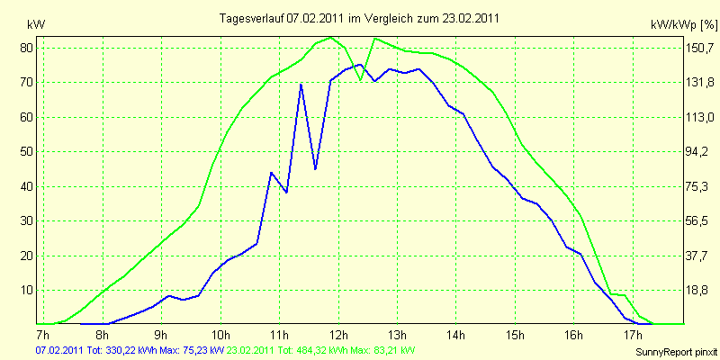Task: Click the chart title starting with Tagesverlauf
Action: point(358,18)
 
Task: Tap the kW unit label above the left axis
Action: point(36,25)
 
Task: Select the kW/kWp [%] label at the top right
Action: point(684,25)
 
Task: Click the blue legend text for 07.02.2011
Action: point(130,350)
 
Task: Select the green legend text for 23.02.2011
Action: point(318,350)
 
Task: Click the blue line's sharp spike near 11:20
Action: point(301,84)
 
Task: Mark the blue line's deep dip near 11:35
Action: point(315,169)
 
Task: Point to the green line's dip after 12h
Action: point(361,80)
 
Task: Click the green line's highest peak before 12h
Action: point(330,38)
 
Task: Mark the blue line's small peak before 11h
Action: point(271,173)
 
